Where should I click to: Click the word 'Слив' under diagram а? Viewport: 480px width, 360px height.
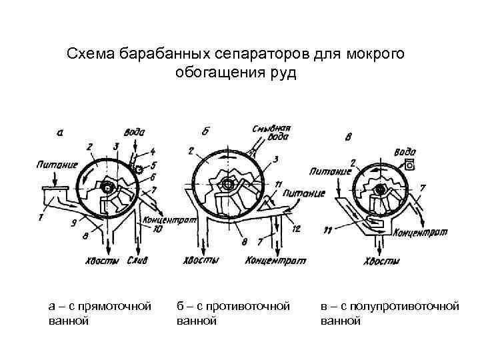pyautogui.click(x=139, y=260)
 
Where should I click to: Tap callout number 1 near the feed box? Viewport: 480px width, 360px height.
pyautogui.click(x=41, y=216)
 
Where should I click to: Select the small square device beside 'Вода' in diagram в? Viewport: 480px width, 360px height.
pyautogui.click(x=409, y=163)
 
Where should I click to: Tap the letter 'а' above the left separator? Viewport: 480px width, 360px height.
pyautogui.click(x=61, y=132)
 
